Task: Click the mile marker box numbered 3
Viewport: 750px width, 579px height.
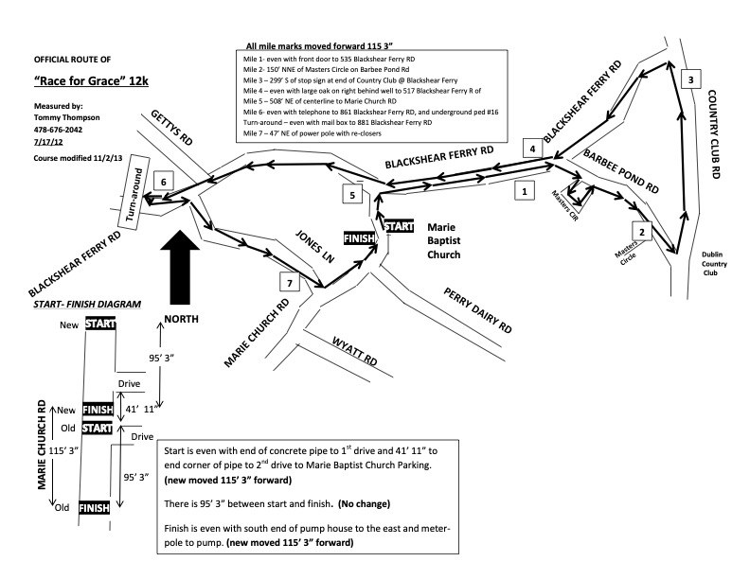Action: [692, 79]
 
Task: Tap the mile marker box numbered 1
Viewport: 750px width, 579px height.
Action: [520, 190]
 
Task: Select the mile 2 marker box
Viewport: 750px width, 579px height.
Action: [642, 232]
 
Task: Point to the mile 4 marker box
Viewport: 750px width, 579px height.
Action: [534, 149]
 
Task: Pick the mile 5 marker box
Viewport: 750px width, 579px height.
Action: [352, 195]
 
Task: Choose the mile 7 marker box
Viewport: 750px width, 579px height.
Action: [289, 282]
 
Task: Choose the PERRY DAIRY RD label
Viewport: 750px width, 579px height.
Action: [478, 312]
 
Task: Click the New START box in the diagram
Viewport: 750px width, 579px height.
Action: [99, 324]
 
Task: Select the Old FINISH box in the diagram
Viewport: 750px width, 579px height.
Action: [95, 508]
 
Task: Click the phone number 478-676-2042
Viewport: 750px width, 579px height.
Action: [61, 130]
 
